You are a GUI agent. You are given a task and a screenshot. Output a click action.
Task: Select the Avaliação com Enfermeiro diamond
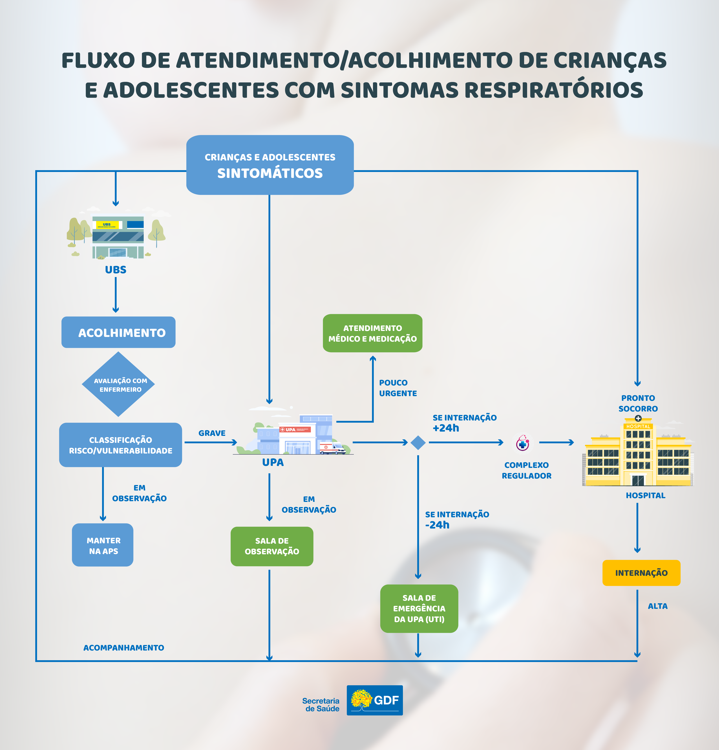click(118, 384)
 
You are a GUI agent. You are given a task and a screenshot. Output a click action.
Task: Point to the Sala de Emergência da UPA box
click(419, 608)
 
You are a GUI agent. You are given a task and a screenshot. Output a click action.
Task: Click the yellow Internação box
click(641, 573)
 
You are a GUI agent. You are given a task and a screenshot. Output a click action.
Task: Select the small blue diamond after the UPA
click(418, 443)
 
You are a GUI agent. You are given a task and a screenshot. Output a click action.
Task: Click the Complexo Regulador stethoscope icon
click(523, 443)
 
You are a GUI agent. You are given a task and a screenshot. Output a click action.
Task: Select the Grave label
click(212, 433)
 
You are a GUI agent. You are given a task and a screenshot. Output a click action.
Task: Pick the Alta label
click(657, 606)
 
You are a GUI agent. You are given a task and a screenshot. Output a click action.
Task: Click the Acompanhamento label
click(124, 648)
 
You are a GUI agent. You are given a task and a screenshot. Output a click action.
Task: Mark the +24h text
click(446, 428)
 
